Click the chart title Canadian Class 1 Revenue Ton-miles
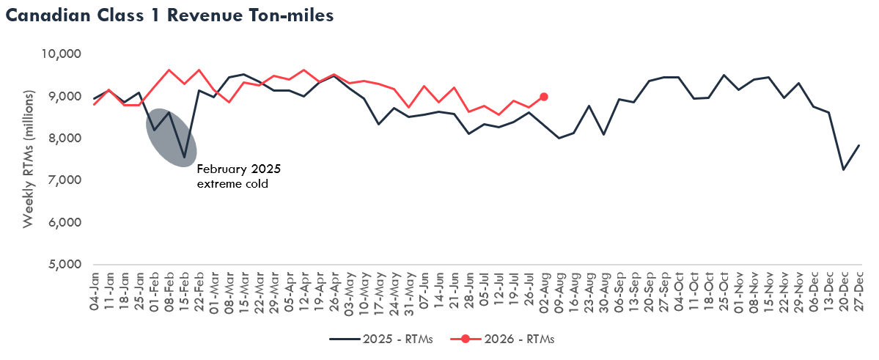pos(169,15)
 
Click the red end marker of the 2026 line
pos(544,97)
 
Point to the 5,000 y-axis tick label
pos(63,264)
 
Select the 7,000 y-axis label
pos(63,180)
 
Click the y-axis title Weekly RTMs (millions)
pos(29,159)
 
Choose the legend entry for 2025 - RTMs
pos(381,339)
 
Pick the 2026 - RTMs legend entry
pos(501,339)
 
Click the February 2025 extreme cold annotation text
pos(238,175)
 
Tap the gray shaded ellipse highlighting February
pos(172,137)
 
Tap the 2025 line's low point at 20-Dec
pos(844,169)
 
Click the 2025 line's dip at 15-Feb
pos(184,157)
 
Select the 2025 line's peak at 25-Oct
pos(724,75)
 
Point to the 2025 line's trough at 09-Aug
pos(559,138)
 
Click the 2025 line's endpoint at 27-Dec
pos(858,145)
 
